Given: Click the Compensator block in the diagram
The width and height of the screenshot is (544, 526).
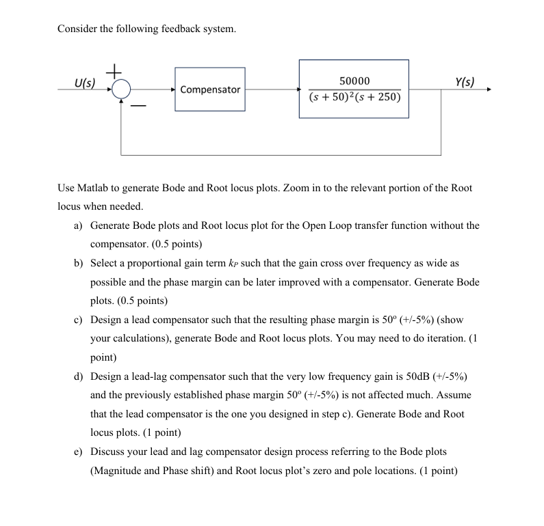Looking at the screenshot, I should coord(210,89).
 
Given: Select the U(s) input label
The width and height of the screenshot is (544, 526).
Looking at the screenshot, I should coord(85,83).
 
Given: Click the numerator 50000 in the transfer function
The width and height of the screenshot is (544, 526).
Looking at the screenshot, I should coord(354,81).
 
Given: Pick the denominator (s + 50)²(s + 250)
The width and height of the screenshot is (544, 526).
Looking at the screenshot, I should coord(354,98).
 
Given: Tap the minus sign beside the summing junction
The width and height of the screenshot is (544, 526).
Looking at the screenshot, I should coord(138,107).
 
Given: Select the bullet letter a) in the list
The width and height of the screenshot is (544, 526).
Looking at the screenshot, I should coord(79,225).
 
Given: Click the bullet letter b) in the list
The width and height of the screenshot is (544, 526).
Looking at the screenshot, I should coord(79,263).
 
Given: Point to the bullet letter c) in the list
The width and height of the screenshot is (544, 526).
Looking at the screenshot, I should coord(79,320).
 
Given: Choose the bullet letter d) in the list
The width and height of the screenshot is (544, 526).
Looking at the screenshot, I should coord(79,376).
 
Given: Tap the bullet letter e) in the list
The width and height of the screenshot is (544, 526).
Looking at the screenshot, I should coord(79,452).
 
